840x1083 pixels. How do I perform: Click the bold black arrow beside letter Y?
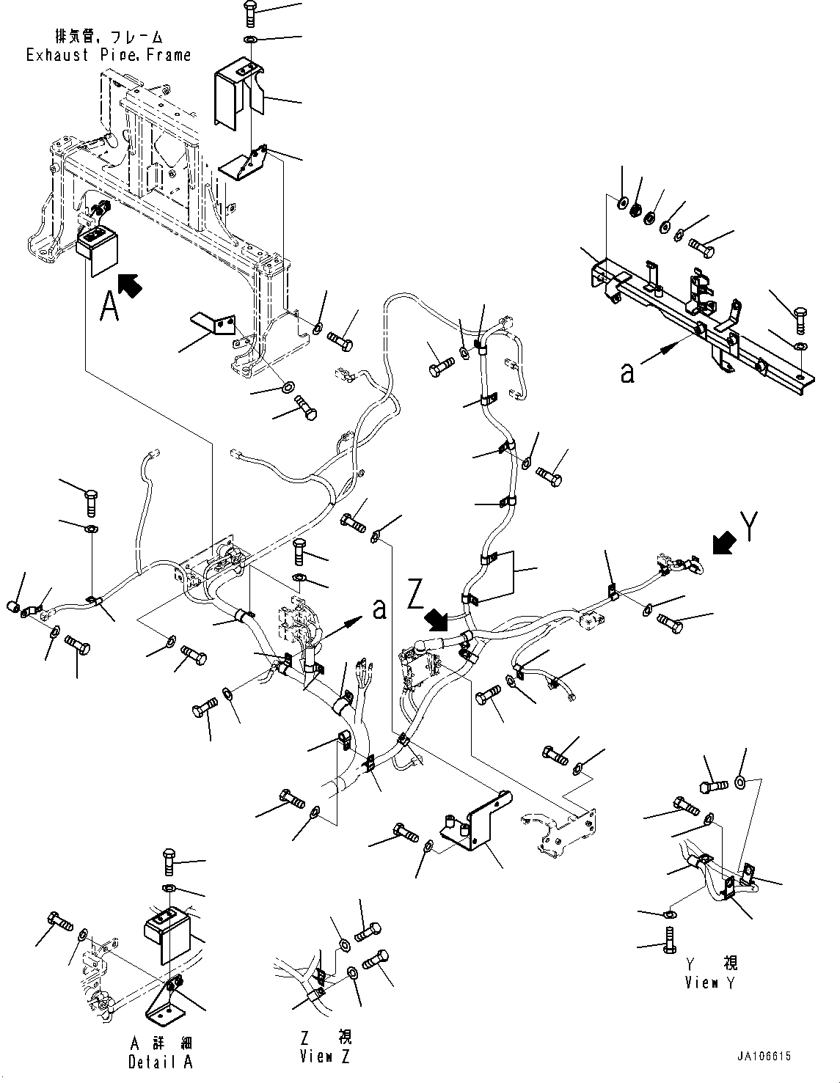[x=726, y=543]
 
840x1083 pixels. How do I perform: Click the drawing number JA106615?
[x=764, y=1057]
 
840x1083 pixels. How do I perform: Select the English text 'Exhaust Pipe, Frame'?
[x=109, y=55]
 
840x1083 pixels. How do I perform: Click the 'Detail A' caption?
[x=161, y=1062]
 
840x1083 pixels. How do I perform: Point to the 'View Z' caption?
[x=326, y=1057]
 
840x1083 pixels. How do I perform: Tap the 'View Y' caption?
[x=712, y=983]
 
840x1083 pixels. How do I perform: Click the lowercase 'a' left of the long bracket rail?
[x=627, y=373]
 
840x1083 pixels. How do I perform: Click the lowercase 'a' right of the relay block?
[x=379, y=608]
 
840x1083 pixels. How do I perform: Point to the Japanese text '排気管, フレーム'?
[x=109, y=36]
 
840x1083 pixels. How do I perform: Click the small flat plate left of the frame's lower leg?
[x=213, y=326]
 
